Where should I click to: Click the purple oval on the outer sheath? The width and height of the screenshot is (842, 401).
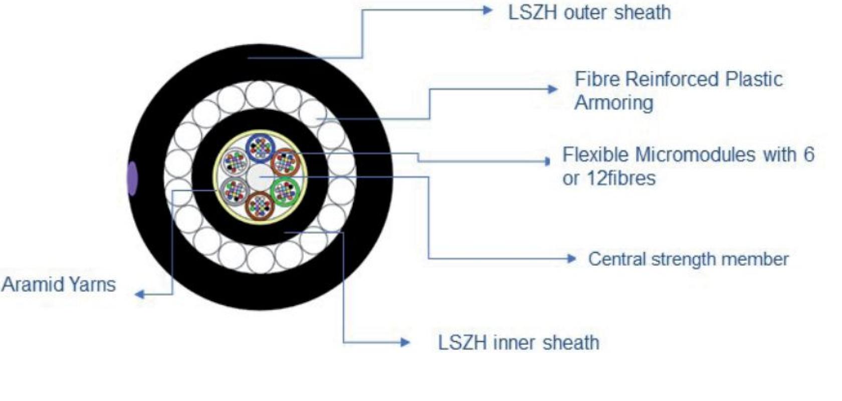(x=132, y=178)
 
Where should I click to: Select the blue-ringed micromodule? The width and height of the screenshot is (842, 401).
(x=260, y=147)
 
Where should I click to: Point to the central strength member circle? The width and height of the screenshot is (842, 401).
(x=260, y=177)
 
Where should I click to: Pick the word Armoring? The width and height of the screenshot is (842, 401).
(x=614, y=102)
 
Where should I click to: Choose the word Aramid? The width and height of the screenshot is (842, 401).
(x=32, y=284)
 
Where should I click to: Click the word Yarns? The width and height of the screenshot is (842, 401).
(x=92, y=285)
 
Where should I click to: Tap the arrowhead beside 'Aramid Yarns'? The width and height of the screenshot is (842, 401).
(x=139, y=294)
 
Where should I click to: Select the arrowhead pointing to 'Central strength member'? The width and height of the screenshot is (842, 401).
(x=571, y=259)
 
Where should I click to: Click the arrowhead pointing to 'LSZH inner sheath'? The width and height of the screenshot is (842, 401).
(x=405, y=342)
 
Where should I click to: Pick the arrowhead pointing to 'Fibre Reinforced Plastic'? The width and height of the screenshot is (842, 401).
(x=552, y=89)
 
